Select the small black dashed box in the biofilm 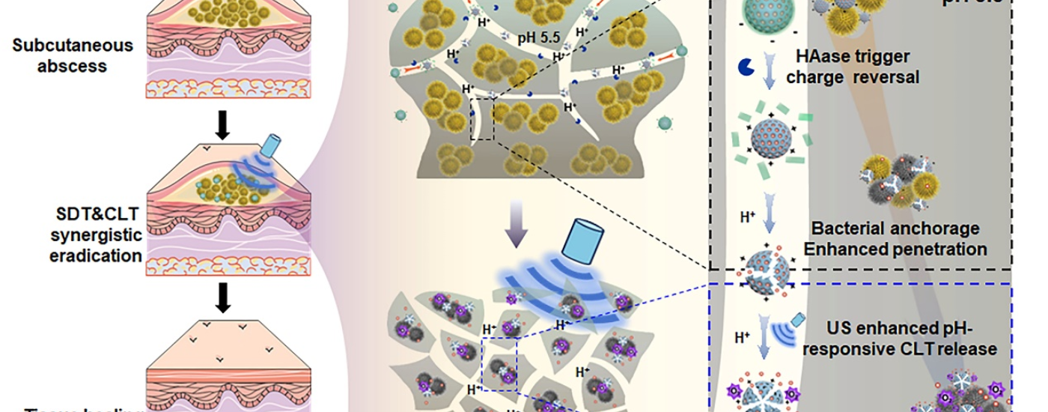point(482,120)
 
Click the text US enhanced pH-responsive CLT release point(911,337)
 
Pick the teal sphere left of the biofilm point(401,115)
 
